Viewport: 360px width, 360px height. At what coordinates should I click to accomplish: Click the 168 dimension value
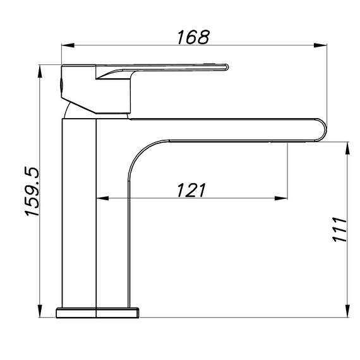click(193, 37)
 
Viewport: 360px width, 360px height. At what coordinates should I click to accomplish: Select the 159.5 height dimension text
click(32, 191)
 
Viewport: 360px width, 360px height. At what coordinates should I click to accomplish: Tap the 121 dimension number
click(191, 190)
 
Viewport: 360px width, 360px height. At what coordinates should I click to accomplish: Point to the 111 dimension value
click(339, 229)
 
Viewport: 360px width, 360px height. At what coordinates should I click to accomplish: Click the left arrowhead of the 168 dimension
click(68, 45)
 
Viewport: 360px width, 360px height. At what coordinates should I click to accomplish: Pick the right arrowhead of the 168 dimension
click(320, 45)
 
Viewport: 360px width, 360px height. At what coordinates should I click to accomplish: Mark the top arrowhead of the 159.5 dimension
click(40, 71)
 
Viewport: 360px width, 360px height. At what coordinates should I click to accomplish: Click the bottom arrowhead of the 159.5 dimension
click(40, 311)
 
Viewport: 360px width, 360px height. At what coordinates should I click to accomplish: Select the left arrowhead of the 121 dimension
click(102, 198)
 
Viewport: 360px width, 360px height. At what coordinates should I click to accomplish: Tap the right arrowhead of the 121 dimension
click(281, 198)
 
